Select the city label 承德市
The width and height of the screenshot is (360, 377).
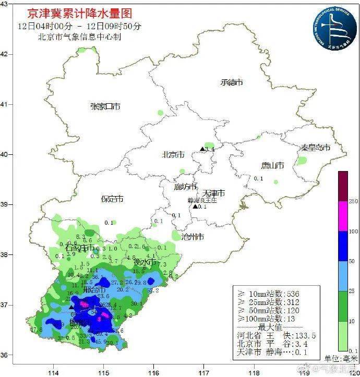click(x=232, y=82)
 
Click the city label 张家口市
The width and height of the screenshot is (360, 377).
click(x=105, y=106)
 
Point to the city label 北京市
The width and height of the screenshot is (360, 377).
click(x=173, y=155)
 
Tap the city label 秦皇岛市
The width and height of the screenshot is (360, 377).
click(x=314, y=148)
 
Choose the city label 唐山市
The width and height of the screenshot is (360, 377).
click(x=272, y=166)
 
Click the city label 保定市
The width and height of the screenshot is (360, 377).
click(x=112, y=199)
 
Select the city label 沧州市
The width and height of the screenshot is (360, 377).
click(x=192, y=237)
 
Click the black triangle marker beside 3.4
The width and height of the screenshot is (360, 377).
click(x=202, y=149)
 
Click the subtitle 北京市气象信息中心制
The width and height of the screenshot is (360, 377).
click(x=79, y=37)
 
